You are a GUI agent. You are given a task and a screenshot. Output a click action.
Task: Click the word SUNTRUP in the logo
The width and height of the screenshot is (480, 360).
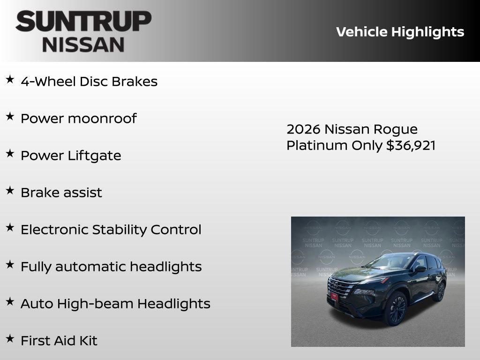pos(83,22)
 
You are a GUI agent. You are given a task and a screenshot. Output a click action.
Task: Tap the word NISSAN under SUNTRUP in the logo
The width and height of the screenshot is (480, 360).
pos(83,45)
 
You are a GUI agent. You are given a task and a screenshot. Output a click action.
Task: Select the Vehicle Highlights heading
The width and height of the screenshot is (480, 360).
pos(400,32)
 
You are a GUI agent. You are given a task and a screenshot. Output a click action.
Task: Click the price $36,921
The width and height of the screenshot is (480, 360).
pos(411,145)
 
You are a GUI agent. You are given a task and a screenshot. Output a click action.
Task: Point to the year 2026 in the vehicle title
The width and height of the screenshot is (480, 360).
pos(303,129)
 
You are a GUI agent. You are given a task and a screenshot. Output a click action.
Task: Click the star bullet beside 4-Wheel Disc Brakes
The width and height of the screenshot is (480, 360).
pos(10,80)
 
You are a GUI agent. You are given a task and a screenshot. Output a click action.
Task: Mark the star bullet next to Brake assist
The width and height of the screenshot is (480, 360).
pos(10,191)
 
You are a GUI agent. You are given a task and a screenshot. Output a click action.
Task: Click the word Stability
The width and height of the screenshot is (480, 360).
pos(120,230)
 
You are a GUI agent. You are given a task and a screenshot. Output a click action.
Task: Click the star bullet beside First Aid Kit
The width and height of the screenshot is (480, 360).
pos(10,339)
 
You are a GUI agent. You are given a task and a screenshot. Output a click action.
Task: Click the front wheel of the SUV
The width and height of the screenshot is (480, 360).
pos(396,308)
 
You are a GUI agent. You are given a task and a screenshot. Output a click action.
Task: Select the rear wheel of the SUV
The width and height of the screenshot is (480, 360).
pos(440,291)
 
